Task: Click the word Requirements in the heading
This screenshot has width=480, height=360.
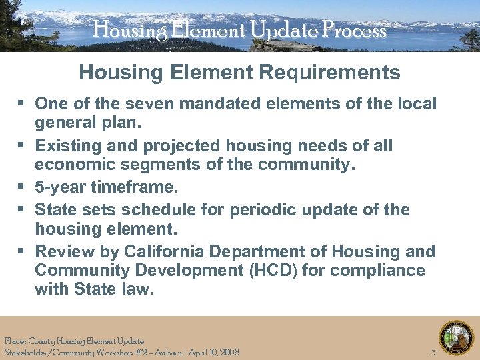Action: (328, 72)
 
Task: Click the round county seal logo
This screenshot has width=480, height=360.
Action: (456, 338)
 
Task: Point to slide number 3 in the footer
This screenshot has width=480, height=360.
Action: (433, 351)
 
